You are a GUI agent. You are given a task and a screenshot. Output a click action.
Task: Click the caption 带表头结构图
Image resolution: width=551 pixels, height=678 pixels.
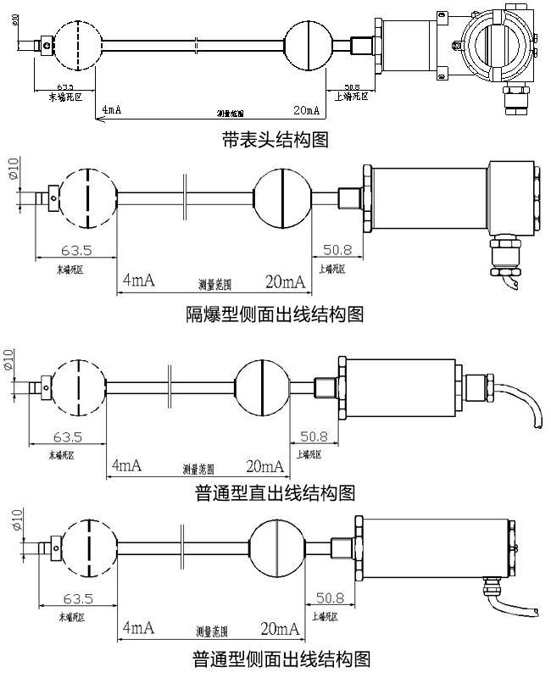tap(274, 140)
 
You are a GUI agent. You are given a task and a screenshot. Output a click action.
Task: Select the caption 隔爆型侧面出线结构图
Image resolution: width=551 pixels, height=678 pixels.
tap(275, 315)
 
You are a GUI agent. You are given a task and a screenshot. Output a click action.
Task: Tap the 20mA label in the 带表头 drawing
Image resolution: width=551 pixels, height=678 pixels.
tap(306, 111)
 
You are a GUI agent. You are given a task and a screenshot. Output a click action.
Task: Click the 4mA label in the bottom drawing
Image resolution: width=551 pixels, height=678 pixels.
tap(137, 628)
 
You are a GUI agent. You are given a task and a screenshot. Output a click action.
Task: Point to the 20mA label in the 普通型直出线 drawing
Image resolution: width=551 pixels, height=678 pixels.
tap(264, 466)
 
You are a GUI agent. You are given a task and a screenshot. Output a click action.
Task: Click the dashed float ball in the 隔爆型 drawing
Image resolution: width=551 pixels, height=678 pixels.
tap(88, 197)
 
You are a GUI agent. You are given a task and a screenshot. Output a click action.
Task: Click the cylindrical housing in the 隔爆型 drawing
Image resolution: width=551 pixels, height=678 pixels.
tap(428, 198)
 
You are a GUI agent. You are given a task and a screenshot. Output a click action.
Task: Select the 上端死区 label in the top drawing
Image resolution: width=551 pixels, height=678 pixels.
tap(353, 96)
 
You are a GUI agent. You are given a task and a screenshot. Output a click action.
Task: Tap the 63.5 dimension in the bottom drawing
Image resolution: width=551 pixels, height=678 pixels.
tap(77, 598)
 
